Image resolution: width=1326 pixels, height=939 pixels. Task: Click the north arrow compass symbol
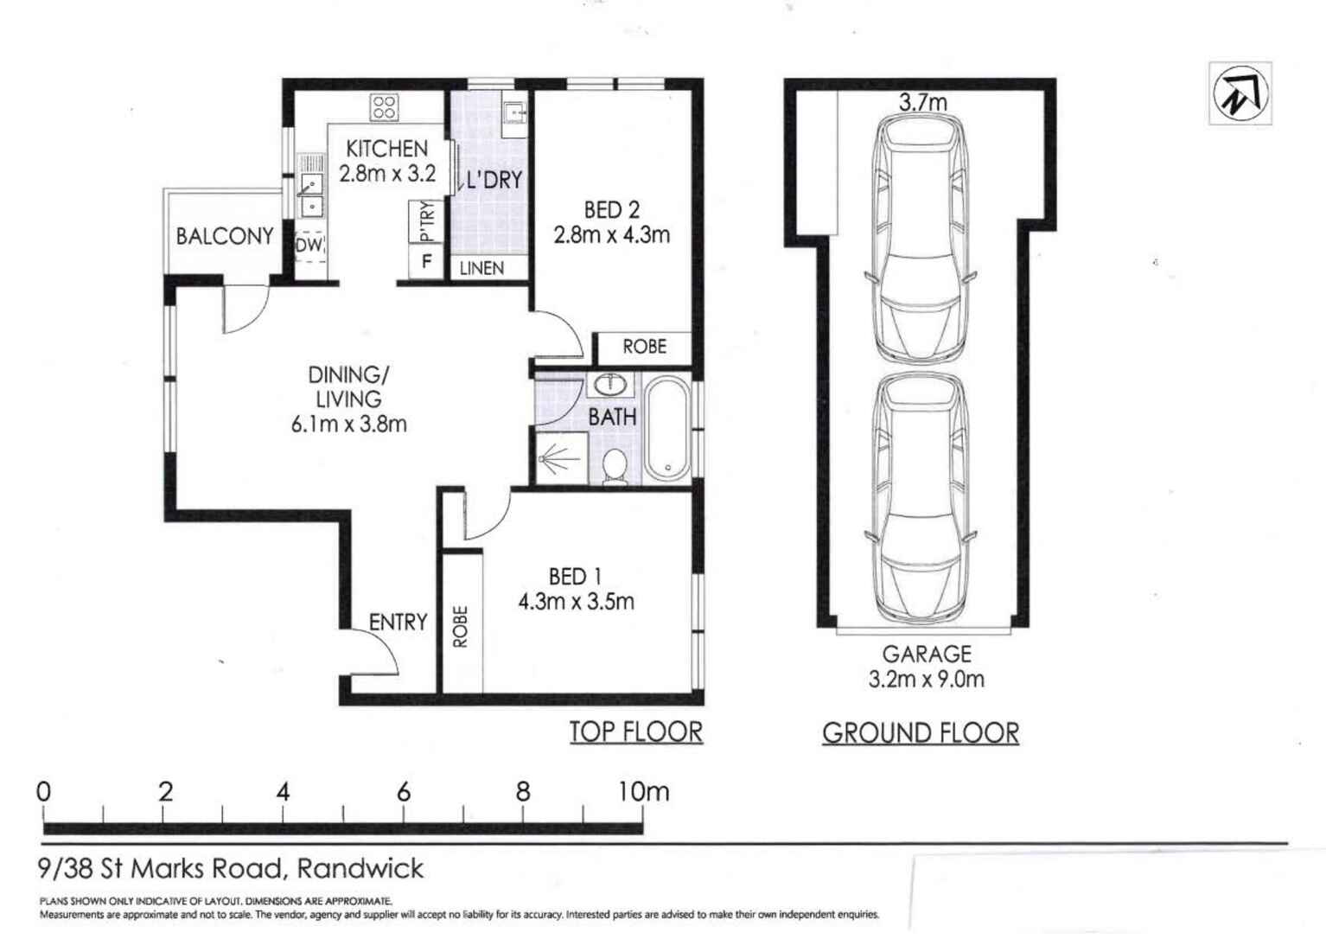(1240, 93)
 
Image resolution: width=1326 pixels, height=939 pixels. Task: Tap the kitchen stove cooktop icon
(385, 107)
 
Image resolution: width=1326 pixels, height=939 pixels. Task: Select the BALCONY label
(225, 236)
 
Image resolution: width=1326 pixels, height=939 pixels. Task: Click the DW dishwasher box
(309, 246)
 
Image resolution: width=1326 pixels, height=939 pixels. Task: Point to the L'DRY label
(494, 180)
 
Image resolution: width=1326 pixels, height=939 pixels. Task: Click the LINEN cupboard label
(481, 268)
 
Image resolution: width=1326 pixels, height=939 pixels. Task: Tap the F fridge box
(426, 261)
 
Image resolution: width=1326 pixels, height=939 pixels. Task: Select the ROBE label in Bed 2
(644, 347)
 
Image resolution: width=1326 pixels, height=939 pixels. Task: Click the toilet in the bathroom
(615, 466)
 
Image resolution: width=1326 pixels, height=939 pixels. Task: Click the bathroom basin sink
(613, 384)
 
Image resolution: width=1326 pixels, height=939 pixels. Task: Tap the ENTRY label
(398, 622)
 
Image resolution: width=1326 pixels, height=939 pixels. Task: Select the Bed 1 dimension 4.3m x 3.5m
(576, 602)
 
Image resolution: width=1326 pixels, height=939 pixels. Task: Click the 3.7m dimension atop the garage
(922, 102)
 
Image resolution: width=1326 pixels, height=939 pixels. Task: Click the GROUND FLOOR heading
(920, 733)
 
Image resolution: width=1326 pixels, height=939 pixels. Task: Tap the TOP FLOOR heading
(635, 732)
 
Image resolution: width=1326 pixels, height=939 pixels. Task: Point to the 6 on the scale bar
(404, 792)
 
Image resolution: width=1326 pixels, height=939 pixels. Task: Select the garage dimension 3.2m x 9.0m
(926, 679)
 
